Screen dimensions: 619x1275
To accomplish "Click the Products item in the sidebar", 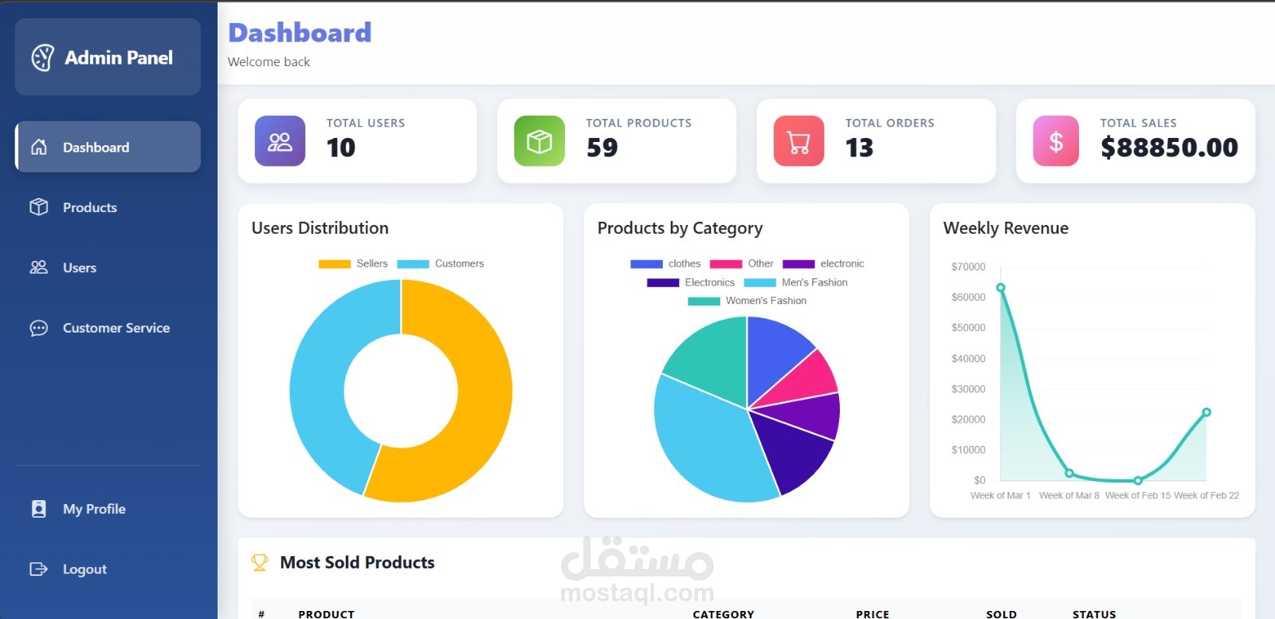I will click(89, 207).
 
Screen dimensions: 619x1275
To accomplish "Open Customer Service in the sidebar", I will click(116, 328).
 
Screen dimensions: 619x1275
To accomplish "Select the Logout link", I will click(84, 569).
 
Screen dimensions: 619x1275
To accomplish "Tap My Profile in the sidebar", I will click(93, 509).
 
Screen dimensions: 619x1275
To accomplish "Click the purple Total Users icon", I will click(280, 141).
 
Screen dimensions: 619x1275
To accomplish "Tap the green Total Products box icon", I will click(539, 141).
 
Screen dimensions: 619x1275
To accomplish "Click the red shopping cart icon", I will click(798, 141).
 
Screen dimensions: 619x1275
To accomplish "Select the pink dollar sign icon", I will click(1056, 141).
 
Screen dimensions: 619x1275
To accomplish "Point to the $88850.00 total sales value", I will click(1169, 148).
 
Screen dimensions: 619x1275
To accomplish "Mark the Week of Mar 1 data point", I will click(1001, 288).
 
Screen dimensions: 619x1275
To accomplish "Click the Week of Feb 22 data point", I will click(1206, 412).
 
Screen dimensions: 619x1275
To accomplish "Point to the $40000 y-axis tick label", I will click(968, 359).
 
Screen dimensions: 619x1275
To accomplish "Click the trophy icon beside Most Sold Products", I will click(260, 562).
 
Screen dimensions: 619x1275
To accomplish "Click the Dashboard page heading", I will click(300, 33).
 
